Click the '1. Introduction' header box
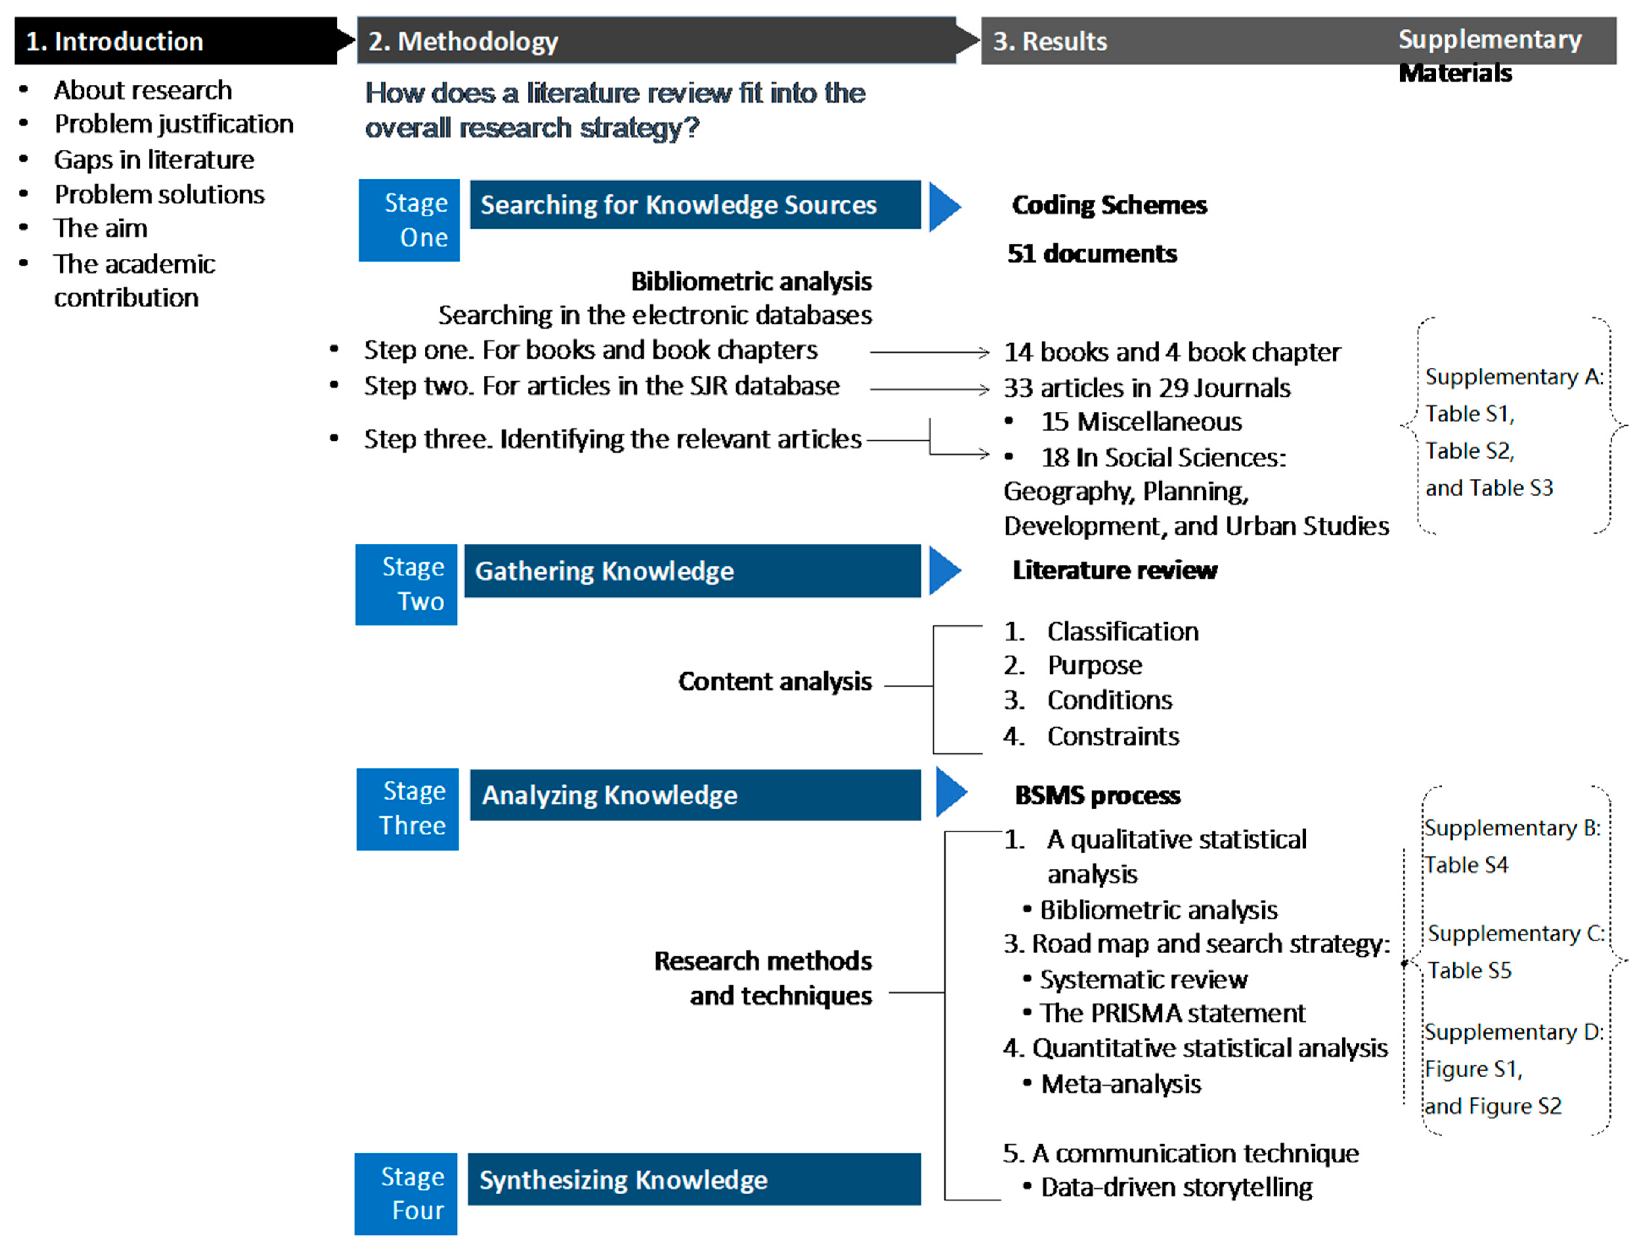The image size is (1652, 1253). (175, 41)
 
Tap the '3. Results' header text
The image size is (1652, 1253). (1049, 41)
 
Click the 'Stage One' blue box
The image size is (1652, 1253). (409, 220)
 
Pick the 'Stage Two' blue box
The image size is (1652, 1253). (406, 585)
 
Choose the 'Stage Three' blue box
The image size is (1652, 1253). (408, 809)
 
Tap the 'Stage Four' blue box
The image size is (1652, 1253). (406, 1193)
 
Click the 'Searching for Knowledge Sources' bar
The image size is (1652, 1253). (694, 204)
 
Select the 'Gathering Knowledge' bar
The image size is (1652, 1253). (692, 571)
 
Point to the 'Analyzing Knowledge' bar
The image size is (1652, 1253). (694, 795)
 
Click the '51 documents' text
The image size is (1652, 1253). (1092, 254)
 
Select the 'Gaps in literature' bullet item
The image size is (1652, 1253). (154, 160)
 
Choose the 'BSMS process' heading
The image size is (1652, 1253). (1097, 796)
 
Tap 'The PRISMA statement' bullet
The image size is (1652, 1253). (1172, 1013)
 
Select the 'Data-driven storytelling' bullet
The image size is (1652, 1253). (1176, 1187)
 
